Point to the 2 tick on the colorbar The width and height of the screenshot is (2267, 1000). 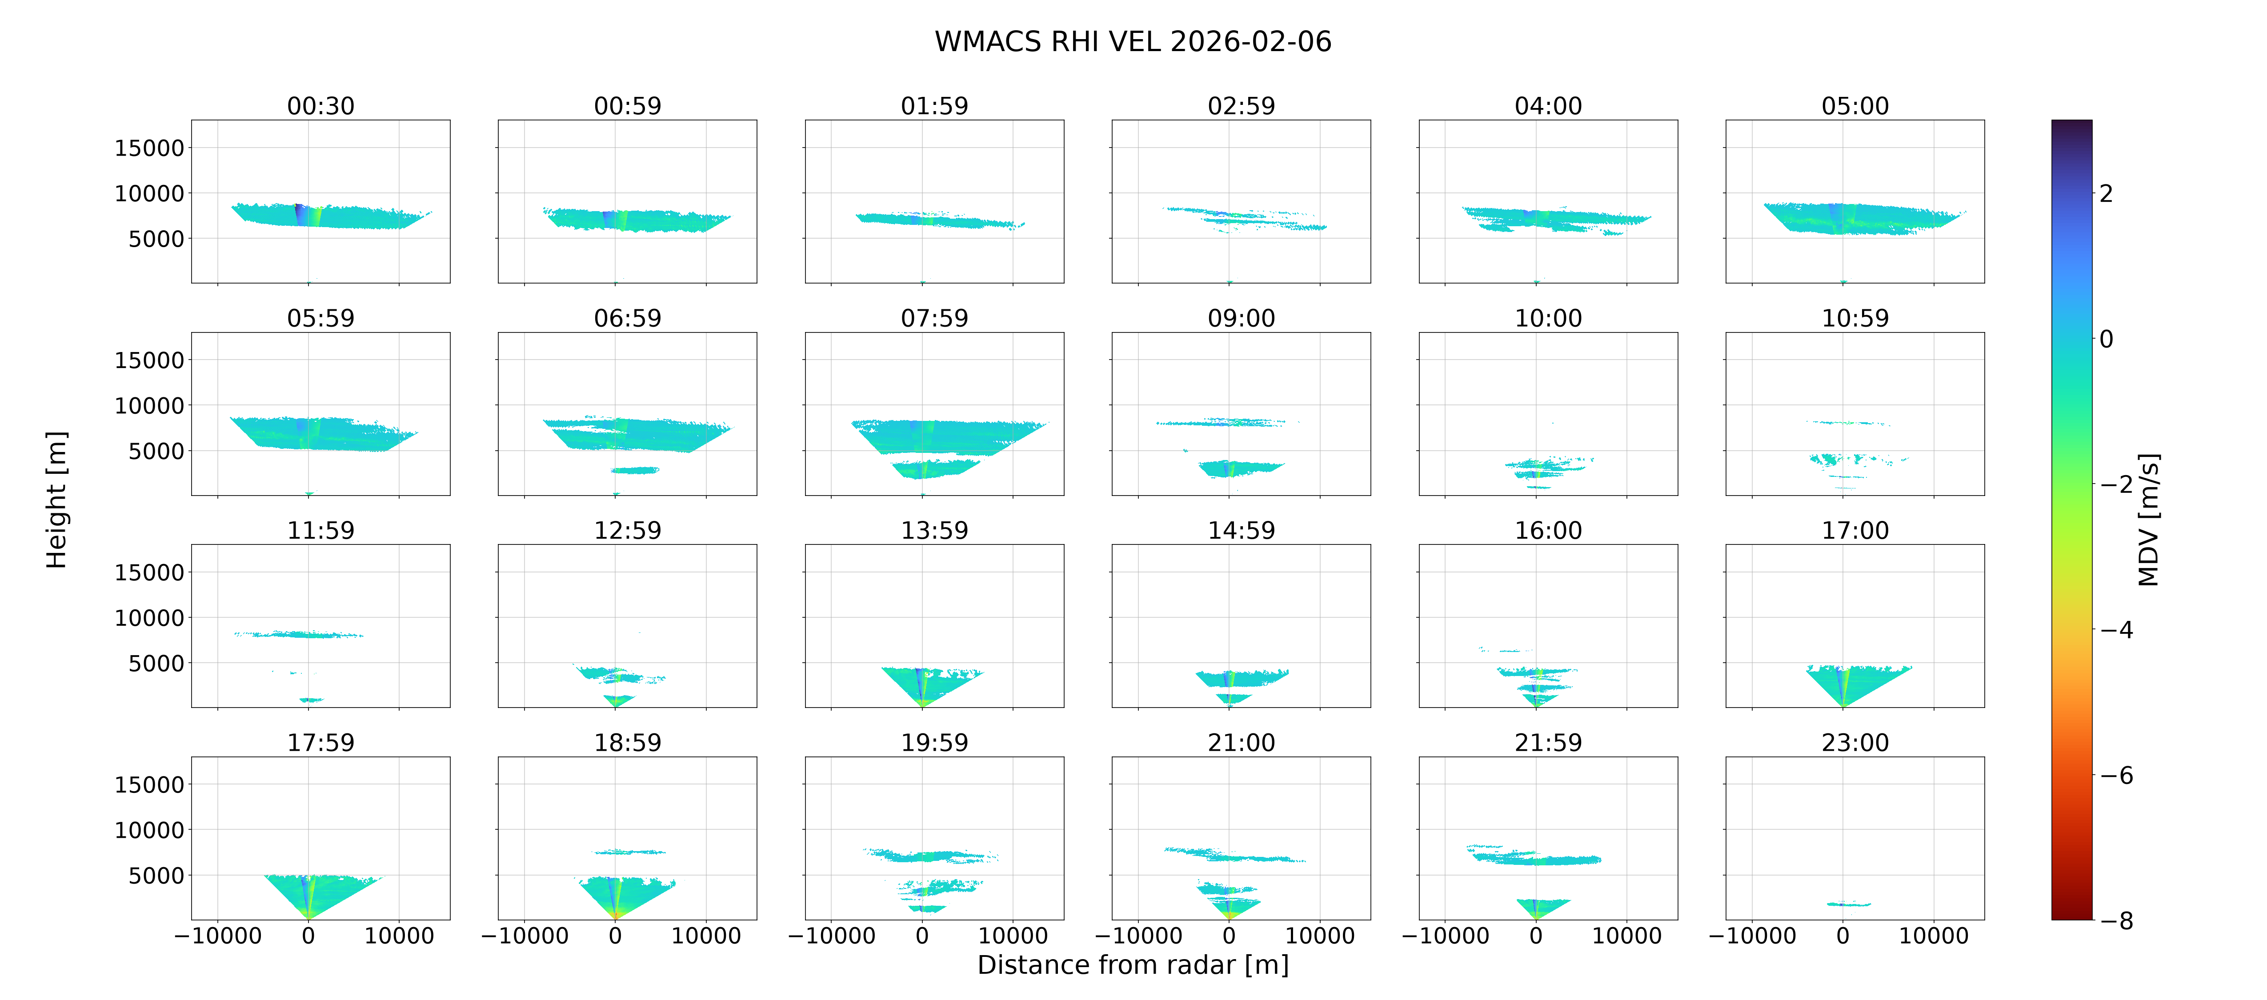[x=2106, y=193]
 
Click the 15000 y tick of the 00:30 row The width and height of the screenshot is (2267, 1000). [x=150, y=148]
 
